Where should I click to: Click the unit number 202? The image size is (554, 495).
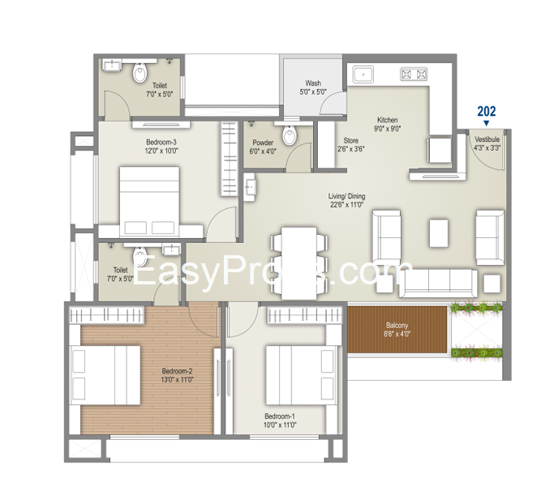pos(487,112)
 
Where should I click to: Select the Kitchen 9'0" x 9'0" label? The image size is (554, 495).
pos(387,124)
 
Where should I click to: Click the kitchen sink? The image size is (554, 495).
pos(363,74)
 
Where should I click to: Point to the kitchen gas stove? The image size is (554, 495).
pos(414,74)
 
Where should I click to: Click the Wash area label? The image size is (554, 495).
pos(313,87)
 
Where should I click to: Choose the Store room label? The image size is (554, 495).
pos(351,145)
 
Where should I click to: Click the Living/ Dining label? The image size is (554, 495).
pos(346,200)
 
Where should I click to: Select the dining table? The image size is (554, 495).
pos(299,262)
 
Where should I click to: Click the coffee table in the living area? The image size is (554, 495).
pos(439,233)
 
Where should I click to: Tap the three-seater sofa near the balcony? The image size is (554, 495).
pos(438,284)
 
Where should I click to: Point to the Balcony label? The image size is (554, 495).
pos(397,330)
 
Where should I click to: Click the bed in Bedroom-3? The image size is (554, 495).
pos(149,202)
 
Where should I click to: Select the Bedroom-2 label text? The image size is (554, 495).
pos(177,371)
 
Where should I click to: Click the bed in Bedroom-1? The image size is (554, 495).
pos(300,375)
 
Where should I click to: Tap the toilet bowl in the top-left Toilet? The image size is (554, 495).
pos(140,73)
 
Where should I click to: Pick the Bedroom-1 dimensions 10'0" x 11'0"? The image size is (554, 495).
pos(280,425)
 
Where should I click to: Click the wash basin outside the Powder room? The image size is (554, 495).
pos(249,187)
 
